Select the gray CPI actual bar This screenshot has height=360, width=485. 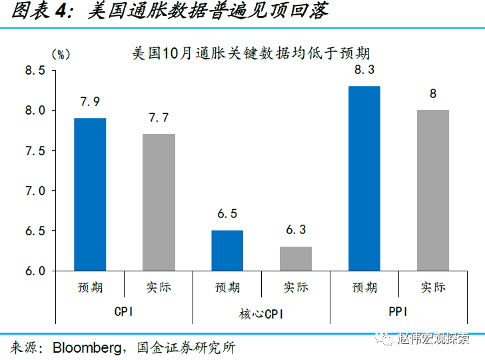(x=159, y=203)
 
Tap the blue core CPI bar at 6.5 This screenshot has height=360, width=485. (x=227, y=251)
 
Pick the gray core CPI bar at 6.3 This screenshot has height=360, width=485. (x=296, y=259)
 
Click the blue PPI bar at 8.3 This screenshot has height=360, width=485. (x=364, y=179)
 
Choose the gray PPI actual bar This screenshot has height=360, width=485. (x=433, y=191)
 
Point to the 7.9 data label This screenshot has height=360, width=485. (x=90, y=102)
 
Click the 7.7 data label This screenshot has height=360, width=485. (x=159, y=118)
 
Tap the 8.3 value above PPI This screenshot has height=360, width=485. (x=364, y=70)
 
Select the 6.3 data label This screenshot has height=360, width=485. (x=296, y=230)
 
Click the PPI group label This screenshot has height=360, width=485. (x=398, y=311)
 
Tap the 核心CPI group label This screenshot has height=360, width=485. (x=261, y=313)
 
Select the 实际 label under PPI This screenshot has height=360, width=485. (x=433, y=287)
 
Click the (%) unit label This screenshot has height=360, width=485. (x=61, y=55)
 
